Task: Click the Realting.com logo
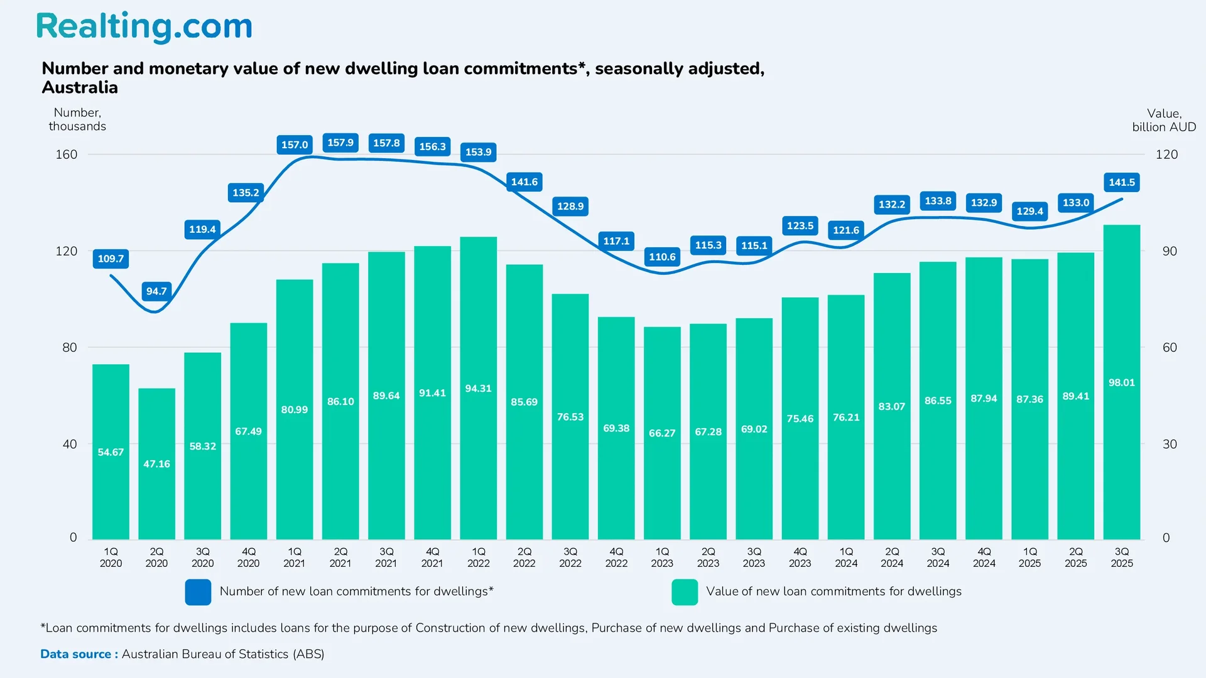pos(144,27)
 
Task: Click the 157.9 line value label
pos(340,143)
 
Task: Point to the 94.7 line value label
pos(156,291)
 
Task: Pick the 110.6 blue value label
pos(662,257)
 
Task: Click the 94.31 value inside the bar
pos(478,389)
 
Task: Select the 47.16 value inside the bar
pos(156,464)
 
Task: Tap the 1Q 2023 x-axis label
pos(662,557)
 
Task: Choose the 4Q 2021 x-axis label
pos(432,557)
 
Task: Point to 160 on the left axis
pos(67,154)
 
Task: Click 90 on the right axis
pos(1169,251)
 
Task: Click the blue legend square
pos(198,592)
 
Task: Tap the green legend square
pos(684,592)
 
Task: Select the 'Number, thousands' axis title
pos(77,119)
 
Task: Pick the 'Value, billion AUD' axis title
pos(1163,120)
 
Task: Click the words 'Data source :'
pos(79,654)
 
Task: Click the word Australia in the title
pos(80,87)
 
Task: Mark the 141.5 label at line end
pos(1121,183)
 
